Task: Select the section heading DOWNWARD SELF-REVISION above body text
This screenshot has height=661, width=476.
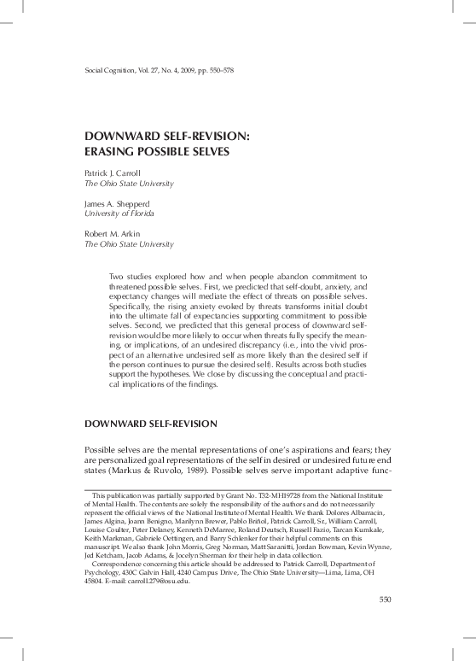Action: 150,424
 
